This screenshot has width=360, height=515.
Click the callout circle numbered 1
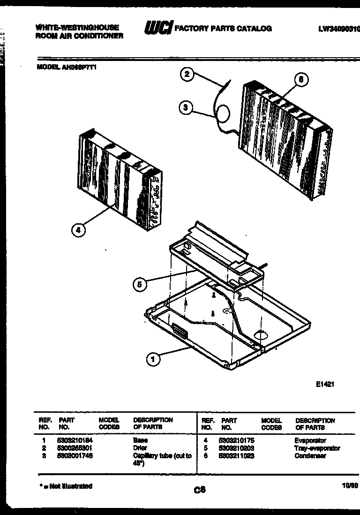pyautogui.click(x=152, y=359)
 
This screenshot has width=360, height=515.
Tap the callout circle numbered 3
pyautogui.click(x=186, y=108)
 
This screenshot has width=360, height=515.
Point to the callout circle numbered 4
pyautogui.click(x=79, y=230)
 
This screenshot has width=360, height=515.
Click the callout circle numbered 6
pyautogui.click(x=301, y=80)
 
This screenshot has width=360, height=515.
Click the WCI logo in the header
pyautogui.click(x=158, y=28)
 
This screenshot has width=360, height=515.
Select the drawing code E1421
pyautogui.click(x=325, y=384)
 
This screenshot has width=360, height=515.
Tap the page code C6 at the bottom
pyautogui.click(x=200, y=491)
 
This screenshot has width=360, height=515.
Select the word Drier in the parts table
pyautogui.click(x=140, y=448)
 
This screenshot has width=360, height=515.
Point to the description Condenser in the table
pyautogui.click(x=310, y=455)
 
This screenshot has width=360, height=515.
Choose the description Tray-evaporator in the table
pyautogui.click(x=317, y=448)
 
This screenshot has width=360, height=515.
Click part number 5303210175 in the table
pyautogui.click(x=238, y=441)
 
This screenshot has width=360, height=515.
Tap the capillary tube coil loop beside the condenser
pyautogui.click(x=222, y=113)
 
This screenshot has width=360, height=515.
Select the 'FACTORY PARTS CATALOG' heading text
pyautogui.click(x=223, y=29)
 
